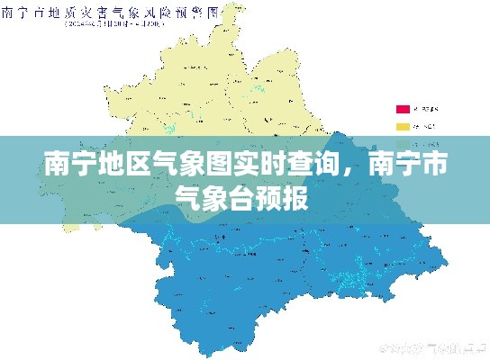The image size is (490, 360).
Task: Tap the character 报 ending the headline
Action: tap(295, 196)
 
